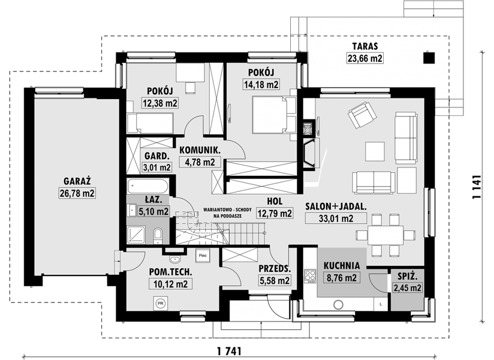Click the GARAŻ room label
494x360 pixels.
point(77,181)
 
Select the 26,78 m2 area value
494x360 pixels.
point(77,193)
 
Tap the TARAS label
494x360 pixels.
point(365,46)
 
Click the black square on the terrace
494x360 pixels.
point(429,58)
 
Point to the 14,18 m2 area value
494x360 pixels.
point(261,84)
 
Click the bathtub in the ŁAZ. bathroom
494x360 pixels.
point(147,187)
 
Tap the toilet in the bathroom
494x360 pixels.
point(158,236)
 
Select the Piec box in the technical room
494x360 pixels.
point(203,256)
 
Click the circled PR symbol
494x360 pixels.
point(160,303)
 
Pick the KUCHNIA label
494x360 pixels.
point(342,265)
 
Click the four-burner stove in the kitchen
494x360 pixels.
point(310,275)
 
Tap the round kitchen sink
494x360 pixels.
point(338,305)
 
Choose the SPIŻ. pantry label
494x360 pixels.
point(407,277)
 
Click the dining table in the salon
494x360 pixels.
point(385,235)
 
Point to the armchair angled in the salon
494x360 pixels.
point(362,115)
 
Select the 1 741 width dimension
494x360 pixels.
point(229,351)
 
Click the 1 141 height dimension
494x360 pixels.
point(477,187)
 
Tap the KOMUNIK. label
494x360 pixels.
point(200,150)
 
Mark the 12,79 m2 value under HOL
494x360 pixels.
point(275,213)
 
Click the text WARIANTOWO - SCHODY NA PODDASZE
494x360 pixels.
point(227,213)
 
